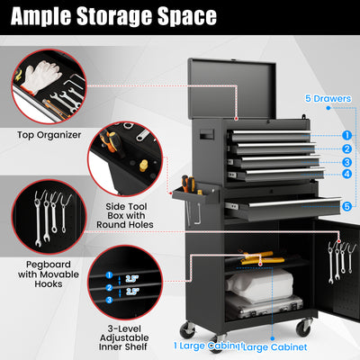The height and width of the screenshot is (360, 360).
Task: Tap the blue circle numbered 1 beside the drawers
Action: pos(346,135)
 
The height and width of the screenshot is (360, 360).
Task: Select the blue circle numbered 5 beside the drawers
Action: pos(346,206)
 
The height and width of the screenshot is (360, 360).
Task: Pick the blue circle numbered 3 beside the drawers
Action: pos(346,162)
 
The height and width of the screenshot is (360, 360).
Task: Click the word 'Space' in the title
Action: pos(184,17)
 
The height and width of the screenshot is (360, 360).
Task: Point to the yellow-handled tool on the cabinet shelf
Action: pos(261,260)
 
